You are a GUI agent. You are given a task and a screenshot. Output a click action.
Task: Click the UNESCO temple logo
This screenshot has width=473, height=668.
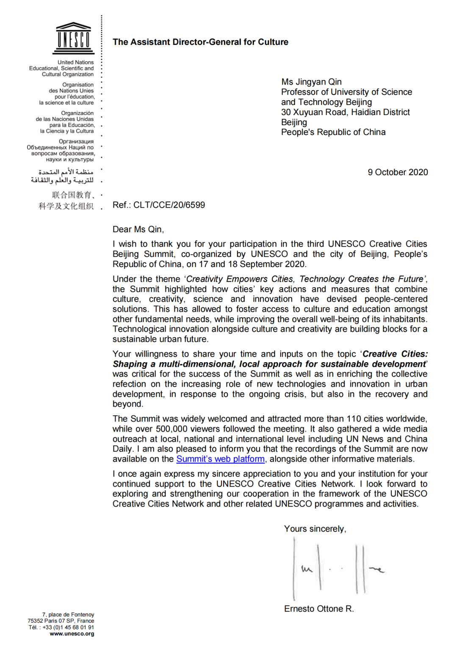pos(74,38)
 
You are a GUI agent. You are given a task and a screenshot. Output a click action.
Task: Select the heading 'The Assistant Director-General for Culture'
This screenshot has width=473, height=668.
pos(200,42)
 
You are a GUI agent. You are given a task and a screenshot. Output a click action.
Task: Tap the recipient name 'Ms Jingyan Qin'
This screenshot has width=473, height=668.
pos(311,82)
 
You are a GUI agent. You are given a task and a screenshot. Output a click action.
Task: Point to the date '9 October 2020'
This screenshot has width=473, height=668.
pos(398,172)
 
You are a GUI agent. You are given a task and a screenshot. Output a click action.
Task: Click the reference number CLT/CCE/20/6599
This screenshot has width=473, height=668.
pos(169,205)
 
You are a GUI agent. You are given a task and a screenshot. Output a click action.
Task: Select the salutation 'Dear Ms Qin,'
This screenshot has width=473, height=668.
pos(138,229)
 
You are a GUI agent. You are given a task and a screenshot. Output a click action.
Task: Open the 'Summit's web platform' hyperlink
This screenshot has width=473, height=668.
pos(220,459)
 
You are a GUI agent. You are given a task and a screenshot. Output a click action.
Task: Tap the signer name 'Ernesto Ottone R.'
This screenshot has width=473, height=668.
pos(319,609)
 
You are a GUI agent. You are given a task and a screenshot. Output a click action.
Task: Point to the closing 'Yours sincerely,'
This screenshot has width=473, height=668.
pos(315,529)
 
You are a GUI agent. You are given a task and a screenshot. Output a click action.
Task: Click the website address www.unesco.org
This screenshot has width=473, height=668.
pos(72,634)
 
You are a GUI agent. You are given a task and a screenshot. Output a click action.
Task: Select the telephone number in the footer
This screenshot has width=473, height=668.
pos(68,627)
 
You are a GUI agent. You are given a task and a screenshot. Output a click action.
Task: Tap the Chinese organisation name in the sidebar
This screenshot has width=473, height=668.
pos(67,201)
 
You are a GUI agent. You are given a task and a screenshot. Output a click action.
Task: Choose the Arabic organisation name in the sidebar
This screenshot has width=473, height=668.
pos(63,176)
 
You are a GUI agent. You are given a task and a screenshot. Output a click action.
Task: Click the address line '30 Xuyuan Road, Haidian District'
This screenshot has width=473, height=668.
pos(346,112)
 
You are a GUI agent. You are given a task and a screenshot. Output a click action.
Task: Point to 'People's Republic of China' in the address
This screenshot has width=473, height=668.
pos(333,132)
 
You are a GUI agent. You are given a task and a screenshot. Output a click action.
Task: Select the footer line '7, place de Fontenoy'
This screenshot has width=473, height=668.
pos(68,615)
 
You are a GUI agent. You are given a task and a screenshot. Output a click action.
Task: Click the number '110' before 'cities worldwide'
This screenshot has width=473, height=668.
pos(354,419)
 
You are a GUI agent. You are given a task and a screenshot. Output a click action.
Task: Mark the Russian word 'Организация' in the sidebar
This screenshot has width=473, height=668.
pos(76,141)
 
